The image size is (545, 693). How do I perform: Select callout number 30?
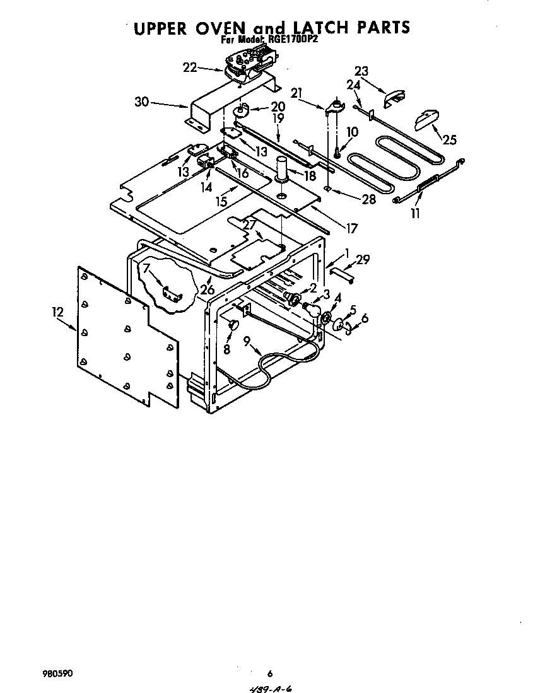point(142,102)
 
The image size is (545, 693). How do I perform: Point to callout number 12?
point(58,312)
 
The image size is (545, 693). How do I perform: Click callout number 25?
point(450,140)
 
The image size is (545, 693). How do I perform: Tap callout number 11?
point(414,214)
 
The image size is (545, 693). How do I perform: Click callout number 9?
point(248,342)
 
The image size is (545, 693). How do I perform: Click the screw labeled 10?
point(337,152)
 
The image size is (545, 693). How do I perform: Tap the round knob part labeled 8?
point(231,325)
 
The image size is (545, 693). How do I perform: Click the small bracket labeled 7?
point(170,293)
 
